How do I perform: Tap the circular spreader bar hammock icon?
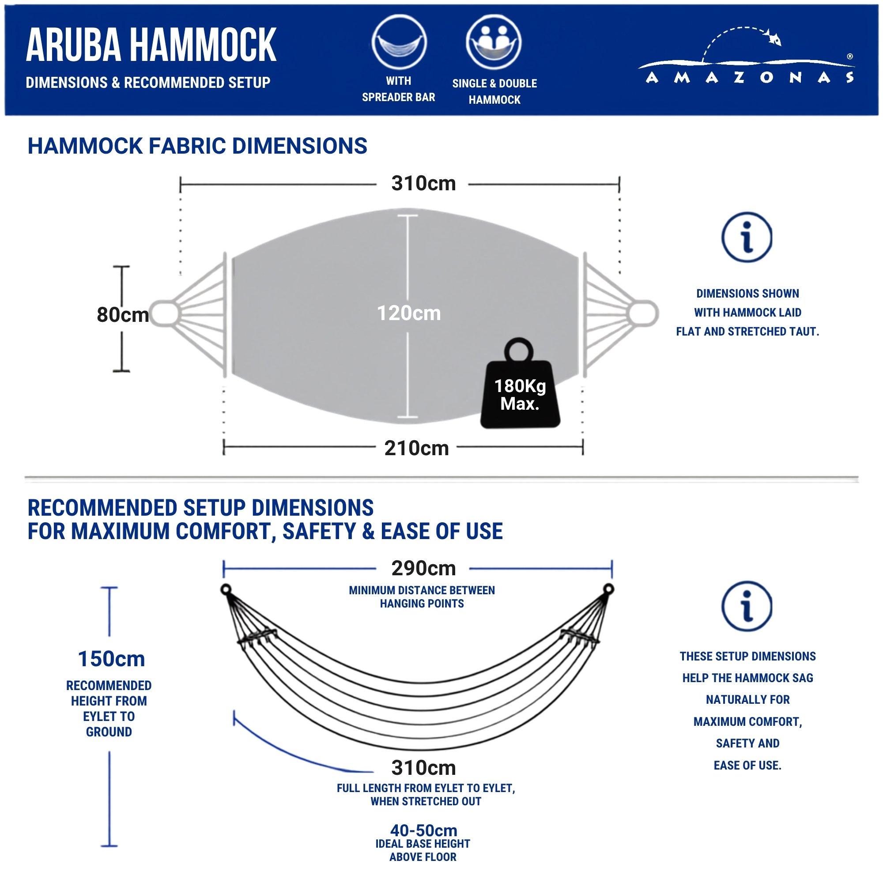(399, 42)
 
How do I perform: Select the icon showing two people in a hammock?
(494, 42)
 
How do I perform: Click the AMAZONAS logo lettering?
(750, 77)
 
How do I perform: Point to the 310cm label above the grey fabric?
(424, 184)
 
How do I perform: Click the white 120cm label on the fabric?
(408, 313)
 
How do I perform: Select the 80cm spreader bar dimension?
(123, 314)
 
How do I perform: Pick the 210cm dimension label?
(416, 448)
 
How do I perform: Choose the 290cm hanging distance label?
(424, 569)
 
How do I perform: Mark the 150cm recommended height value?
(112, 659)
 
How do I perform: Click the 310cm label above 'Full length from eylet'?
(424, 768)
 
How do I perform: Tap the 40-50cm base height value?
(424, 830)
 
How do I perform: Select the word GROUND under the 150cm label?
(109, 732)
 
